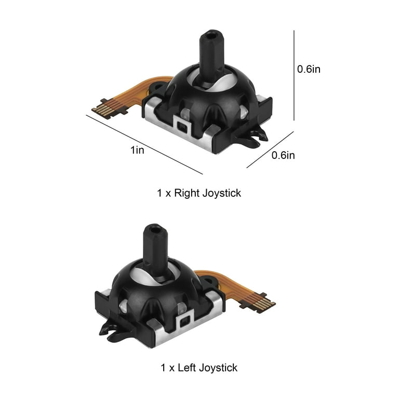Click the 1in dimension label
137,150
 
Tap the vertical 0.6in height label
309,69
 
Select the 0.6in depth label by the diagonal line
283,155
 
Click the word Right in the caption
187,193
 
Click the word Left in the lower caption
187,368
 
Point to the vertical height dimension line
294,75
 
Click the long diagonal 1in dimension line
144,144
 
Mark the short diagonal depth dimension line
270,150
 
